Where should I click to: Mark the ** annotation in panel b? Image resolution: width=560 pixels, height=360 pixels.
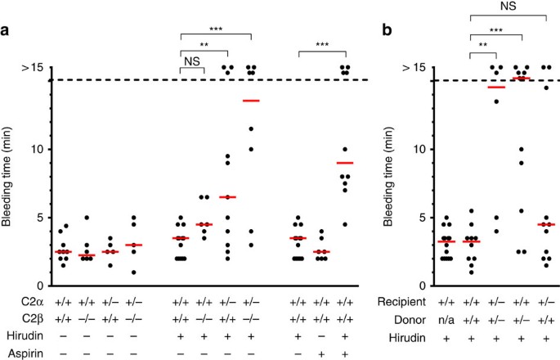pos(482,47)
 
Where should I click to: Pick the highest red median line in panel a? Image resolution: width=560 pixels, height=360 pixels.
pos(251,101)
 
